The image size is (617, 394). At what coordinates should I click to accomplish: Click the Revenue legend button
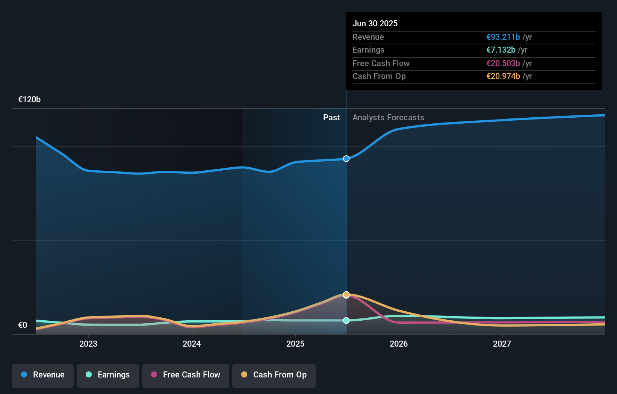[43, 375]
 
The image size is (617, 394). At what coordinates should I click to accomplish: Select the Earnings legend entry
[108, 375]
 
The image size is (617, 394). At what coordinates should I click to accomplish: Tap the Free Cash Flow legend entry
[186, 375]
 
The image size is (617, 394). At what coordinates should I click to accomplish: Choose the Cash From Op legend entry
[274, 375]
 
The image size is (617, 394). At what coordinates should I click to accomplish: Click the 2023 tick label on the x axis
[88, 344]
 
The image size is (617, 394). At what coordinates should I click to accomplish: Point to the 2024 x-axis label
[192, 344]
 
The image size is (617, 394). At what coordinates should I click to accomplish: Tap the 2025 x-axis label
[295, 344]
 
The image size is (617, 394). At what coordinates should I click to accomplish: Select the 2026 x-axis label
[399, 344]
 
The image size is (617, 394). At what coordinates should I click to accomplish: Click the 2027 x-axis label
[502, 344]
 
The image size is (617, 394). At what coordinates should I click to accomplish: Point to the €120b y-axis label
[29, 100]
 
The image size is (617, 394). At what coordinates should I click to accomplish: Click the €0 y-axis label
[23, 325]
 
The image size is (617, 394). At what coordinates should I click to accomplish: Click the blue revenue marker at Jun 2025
[346, 159]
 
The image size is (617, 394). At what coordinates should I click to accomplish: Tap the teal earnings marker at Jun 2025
[346, 320]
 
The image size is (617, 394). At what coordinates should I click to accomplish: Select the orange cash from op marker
[346, 294]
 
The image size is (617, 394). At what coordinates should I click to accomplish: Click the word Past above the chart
[331, 118]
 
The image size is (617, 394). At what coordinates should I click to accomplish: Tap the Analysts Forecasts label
[388, 118]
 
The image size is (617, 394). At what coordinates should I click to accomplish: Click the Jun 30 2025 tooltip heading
[375, 23]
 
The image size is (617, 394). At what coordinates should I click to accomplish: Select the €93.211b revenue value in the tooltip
[503, 37]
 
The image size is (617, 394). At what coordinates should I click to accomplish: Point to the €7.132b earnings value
[501, 50]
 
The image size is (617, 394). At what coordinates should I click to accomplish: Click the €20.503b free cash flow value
[503, 64]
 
